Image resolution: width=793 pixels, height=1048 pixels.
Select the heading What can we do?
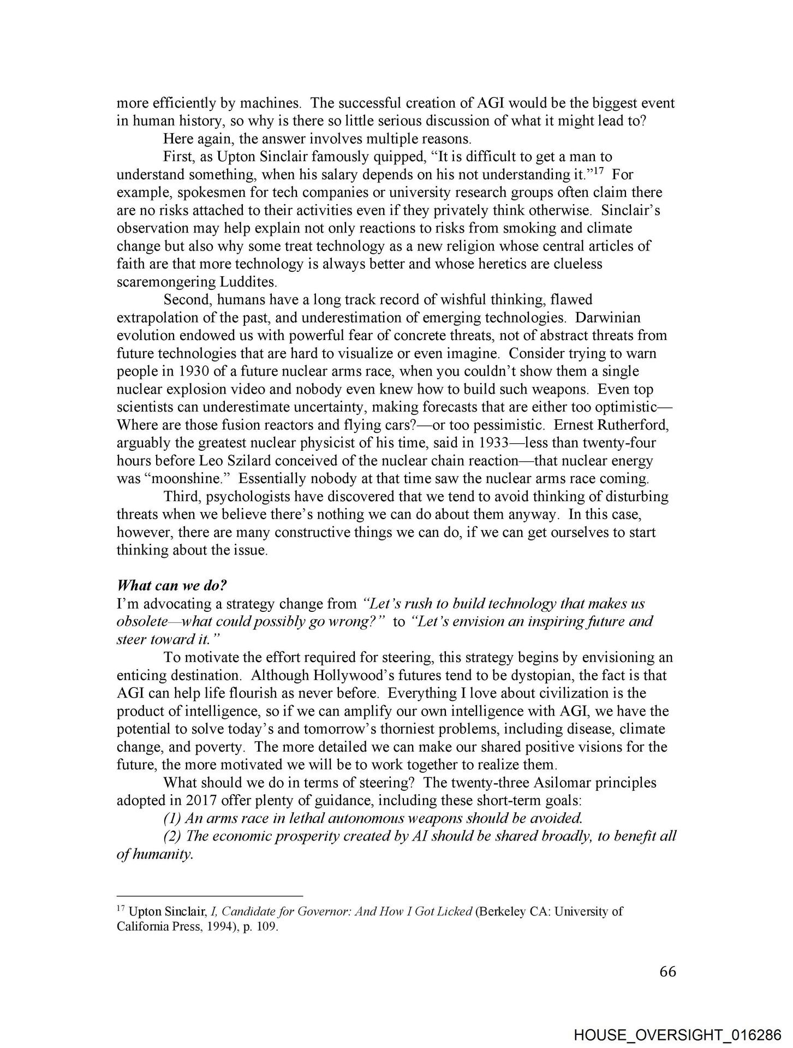pyautogui.click(x=172, y=586)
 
